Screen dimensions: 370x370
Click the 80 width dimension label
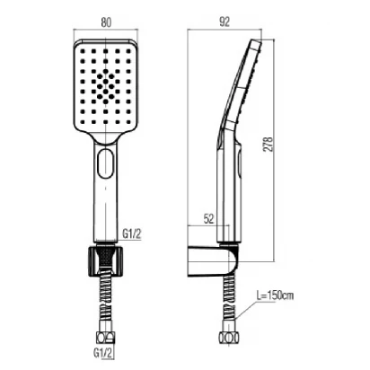(106, 22)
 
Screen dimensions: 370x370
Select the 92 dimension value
(225, 22)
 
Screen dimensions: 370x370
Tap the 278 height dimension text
(269, 145)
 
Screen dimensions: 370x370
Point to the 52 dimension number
(208, 219)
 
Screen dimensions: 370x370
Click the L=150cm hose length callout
(275, 295)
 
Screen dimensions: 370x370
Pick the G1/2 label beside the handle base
(131, 233)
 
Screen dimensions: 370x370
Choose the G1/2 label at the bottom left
(103, 353)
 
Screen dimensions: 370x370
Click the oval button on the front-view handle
(105, 162)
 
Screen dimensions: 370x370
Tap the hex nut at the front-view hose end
(105, 338)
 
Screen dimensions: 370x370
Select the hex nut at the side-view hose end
(229, 338)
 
